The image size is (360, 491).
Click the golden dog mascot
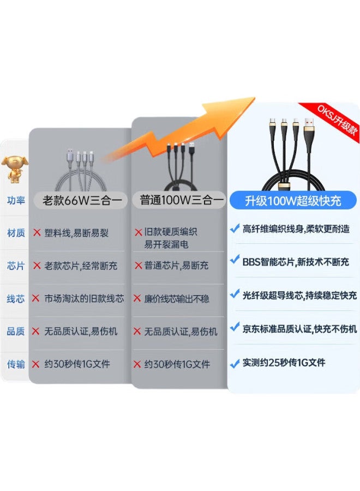15,169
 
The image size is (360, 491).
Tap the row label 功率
16,200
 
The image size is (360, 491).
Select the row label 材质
16,233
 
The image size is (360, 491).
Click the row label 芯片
16,266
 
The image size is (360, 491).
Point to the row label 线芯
16,299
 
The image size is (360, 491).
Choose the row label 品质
16,331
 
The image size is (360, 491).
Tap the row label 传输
16,364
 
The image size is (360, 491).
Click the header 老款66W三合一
82,200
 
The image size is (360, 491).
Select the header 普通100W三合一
182,200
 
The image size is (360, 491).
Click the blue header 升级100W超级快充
293,201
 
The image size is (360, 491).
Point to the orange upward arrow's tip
255,98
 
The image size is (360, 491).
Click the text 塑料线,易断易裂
76,233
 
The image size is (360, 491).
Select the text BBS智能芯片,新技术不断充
296,262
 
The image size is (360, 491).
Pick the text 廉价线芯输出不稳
177,299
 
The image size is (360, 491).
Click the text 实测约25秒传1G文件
284,363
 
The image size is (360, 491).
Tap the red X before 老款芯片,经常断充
37,266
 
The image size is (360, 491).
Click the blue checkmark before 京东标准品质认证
235,327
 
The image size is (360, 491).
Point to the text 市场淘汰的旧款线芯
84,299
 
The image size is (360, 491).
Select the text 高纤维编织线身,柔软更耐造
296,229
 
